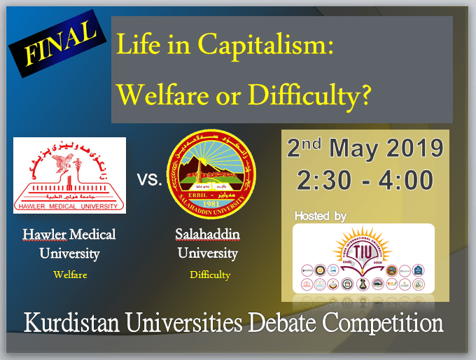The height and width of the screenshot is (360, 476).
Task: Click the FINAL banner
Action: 52,44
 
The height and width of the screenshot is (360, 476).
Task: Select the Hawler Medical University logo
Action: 69,175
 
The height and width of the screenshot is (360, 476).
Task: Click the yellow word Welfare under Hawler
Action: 70,275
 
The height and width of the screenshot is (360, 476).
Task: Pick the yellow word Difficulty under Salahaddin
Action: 210,275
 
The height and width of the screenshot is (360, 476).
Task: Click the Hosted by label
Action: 321,216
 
